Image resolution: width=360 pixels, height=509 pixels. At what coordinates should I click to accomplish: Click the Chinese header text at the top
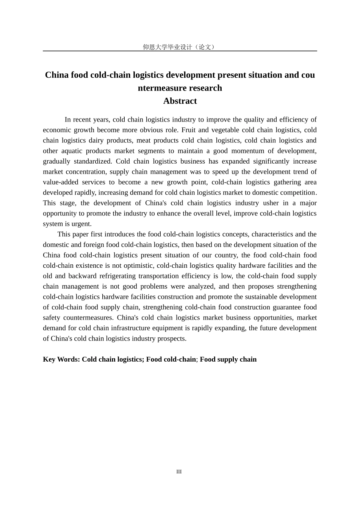click(180, 47)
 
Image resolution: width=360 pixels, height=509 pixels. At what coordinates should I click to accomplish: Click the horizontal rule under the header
click(180, 51)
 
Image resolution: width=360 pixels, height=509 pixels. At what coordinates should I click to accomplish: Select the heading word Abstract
click(180, 101)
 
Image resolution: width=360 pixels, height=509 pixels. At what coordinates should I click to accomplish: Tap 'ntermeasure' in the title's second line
click(159, 88)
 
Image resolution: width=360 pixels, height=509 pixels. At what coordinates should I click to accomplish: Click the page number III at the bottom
click(179, 472)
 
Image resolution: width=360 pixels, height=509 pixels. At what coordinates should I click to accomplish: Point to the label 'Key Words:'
click(61, 359)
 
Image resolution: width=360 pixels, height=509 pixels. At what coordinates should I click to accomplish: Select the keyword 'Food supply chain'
click(228, 359)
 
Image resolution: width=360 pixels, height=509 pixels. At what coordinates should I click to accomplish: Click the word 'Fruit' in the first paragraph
click(188, 130)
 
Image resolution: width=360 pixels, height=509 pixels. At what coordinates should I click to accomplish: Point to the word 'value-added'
click(60, 182)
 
